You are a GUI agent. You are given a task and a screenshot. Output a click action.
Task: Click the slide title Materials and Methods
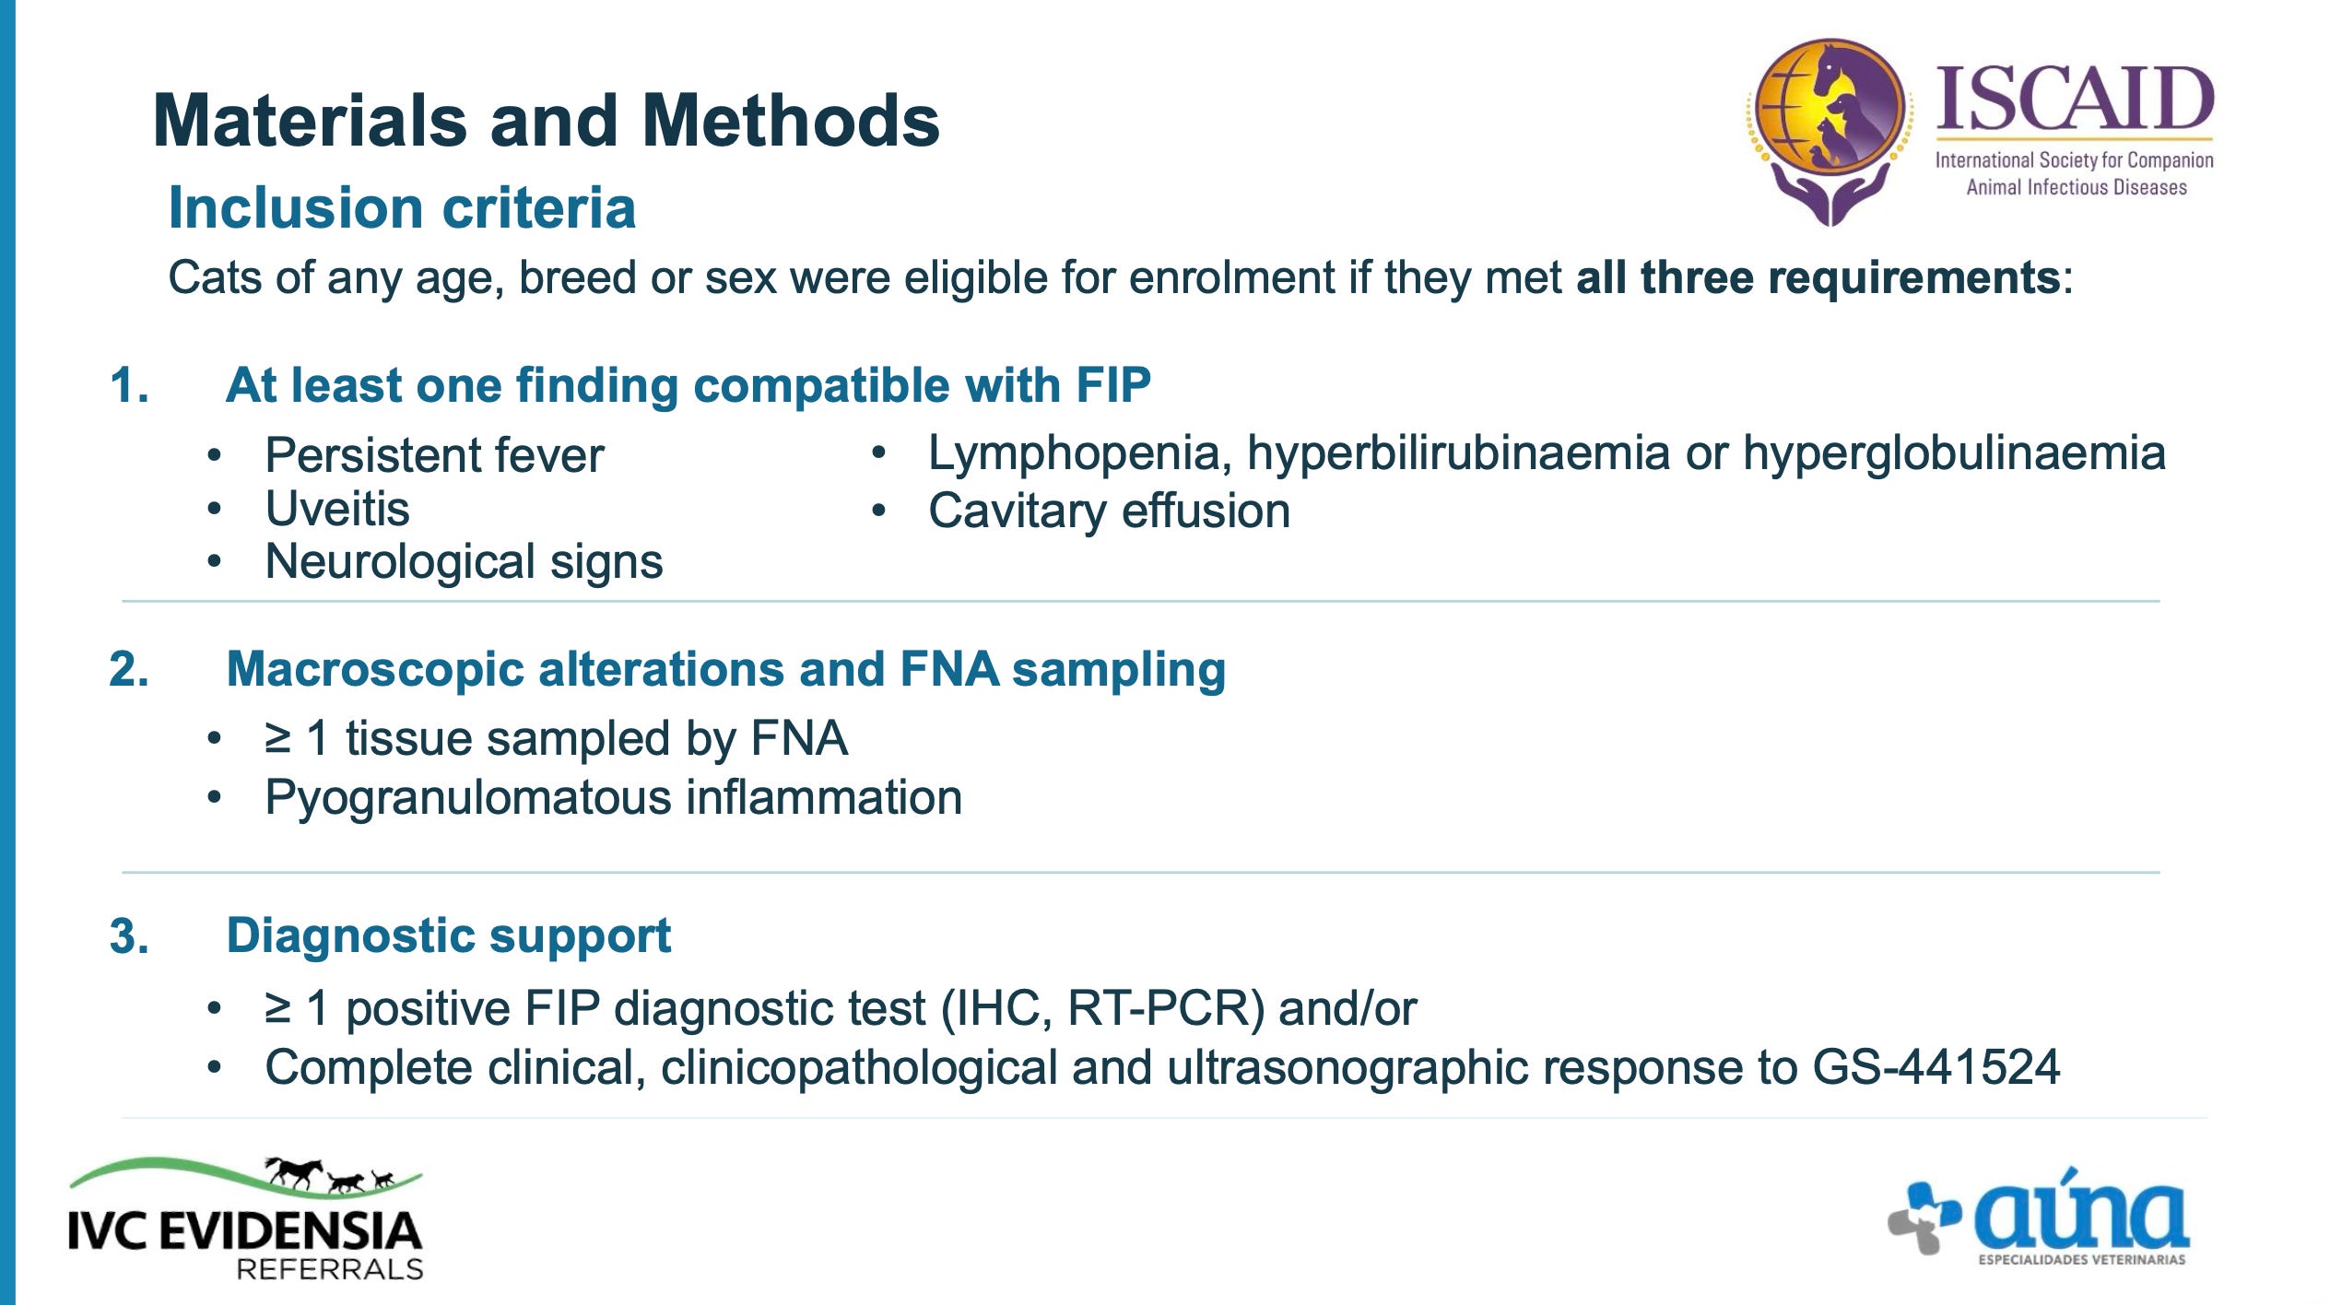546,121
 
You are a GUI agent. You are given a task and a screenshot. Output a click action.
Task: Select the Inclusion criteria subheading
402,207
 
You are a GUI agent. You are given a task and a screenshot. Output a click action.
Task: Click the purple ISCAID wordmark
2075,100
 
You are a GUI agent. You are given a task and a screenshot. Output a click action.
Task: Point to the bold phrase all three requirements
1818,276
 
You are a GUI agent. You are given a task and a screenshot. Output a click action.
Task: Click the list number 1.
129,385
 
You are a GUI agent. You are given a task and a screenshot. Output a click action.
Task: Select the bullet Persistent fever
434,455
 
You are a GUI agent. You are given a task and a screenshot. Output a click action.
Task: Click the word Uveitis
337,509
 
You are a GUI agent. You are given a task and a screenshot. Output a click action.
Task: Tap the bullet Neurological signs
464,561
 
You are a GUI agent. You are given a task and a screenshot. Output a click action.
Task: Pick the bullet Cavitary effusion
1109,511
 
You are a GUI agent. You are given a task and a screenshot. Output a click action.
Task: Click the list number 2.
129,669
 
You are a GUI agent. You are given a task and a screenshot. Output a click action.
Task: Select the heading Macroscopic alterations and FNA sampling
726,669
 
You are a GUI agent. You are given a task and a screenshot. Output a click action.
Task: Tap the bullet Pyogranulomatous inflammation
613,797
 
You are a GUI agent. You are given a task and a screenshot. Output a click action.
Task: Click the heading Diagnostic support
449,936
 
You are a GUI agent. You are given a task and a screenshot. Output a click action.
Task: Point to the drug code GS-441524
1936,1067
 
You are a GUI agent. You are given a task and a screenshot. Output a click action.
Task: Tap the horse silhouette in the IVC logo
294,1171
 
